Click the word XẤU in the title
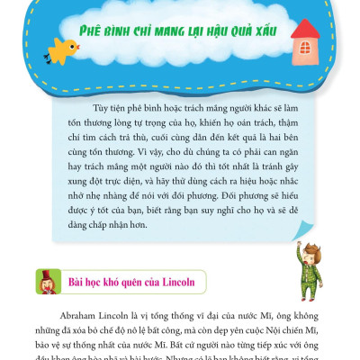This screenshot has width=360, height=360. pos(270,31)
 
